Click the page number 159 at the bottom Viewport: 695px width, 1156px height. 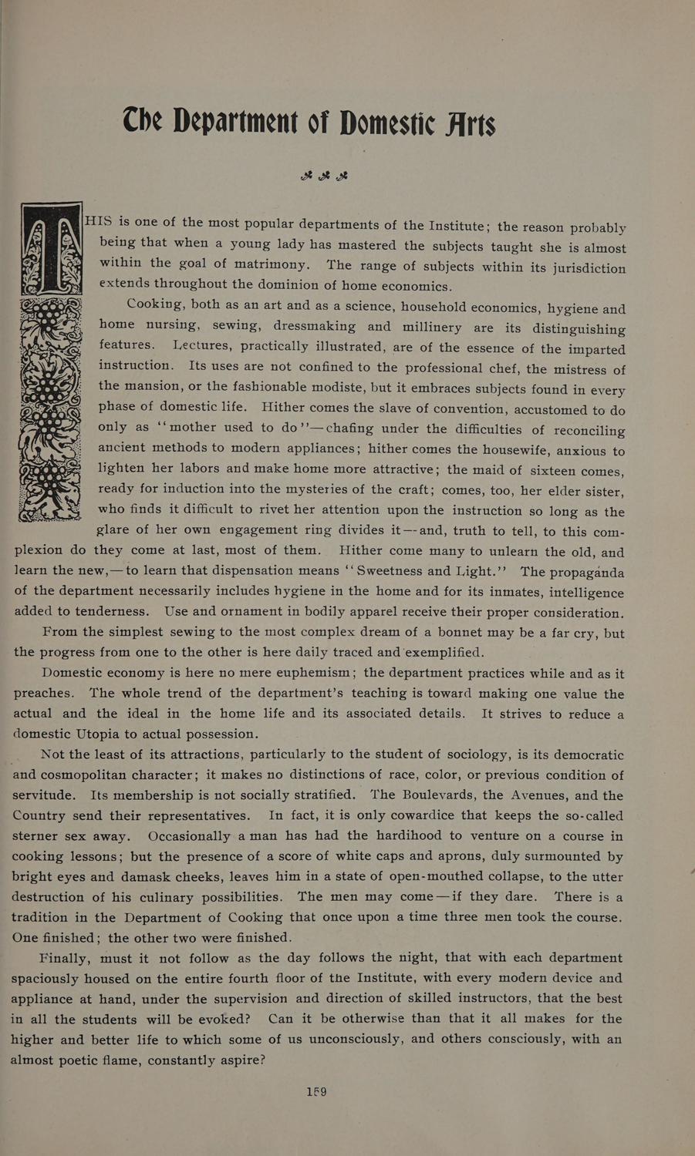point(316,1092)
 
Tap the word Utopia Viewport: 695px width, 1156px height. point(105,733)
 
